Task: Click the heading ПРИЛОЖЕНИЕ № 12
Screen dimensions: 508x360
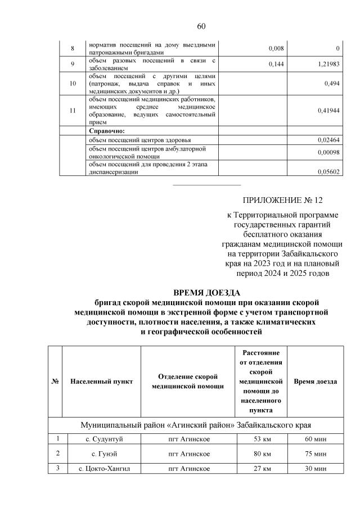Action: coord(283,200)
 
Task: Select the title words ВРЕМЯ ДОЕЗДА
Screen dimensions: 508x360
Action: coord(206,293)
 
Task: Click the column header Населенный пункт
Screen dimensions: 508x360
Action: coord(102,382)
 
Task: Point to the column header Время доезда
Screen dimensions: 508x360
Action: coord(316,382)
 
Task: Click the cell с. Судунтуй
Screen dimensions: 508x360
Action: coord(102,438)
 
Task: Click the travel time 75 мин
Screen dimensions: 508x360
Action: coord(316,453)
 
